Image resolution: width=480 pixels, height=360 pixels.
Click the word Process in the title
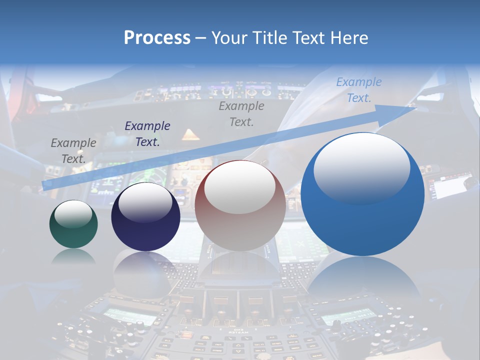click(x=157, y=38)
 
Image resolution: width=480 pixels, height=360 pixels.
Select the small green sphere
click(x=73, y=224)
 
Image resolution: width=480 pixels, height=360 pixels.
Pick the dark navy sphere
click(x=145, y=217)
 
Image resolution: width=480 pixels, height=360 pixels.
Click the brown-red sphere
click(x=240, y=205)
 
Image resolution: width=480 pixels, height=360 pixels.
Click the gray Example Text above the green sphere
click(x=73, y=150)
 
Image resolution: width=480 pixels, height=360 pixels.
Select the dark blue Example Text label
click(x=147, y=133)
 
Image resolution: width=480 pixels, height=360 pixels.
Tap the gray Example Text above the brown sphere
click(x=241, y=113)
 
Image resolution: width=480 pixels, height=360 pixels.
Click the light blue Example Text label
click(x=359, y=90)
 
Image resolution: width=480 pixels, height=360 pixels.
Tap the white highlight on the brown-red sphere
click(x=240, y=186)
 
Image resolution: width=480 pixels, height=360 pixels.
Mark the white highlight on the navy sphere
click(x=145, y=202)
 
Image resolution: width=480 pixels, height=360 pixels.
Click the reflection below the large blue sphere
click(x=362, y=280)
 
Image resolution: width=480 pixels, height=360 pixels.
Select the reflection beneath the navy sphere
click(x=145, y=272)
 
